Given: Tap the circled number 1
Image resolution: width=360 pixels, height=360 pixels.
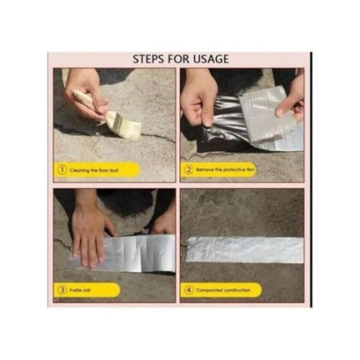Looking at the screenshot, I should pos(62,169).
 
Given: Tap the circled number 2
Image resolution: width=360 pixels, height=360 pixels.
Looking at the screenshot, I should pos(189,169).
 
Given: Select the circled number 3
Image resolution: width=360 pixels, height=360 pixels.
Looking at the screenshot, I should pos(62,290).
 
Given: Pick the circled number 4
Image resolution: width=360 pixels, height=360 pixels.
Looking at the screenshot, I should pos(189,290).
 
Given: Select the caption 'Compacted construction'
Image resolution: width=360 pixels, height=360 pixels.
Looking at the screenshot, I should pos(223,290).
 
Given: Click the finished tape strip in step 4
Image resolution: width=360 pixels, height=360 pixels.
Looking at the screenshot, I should pos(245,250).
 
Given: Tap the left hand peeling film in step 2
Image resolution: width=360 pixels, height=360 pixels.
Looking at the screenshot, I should pos(198,95).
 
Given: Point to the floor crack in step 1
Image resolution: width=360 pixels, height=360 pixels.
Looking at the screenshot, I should pos(154,138).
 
